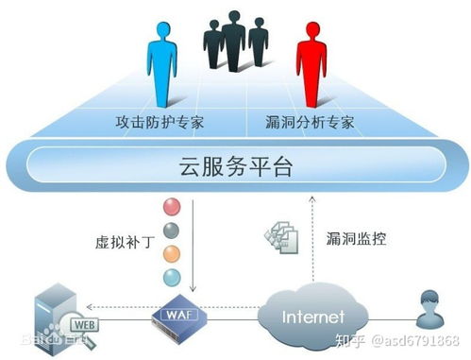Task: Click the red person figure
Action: [311, 60]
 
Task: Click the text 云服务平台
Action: [235, 167]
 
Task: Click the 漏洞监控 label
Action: [354, 240]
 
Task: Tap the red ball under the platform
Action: [171, 206]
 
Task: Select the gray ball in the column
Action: [171, 231]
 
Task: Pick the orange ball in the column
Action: [171, 253]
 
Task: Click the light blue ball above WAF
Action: [171, 277]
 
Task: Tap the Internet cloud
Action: [311, 312]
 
